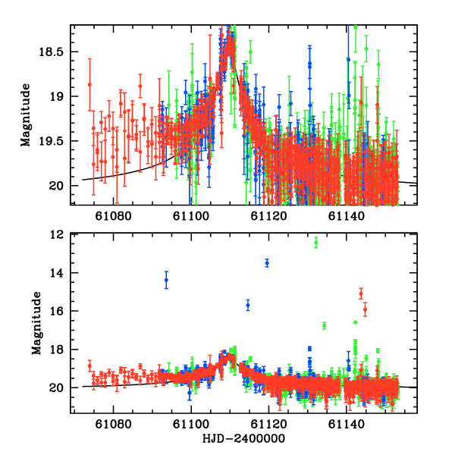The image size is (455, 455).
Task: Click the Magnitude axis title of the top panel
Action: [26, 115]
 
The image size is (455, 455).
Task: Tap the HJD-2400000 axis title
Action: [243, 439]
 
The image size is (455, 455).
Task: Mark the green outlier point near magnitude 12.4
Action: [316, 243]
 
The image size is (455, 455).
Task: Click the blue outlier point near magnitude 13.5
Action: [267, 263]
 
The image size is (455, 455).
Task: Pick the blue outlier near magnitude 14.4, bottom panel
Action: [166, 281]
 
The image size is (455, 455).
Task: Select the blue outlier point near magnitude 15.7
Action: [247, 305]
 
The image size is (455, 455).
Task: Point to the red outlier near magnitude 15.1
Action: [361, 293]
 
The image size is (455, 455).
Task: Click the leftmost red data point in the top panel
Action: [89, 84]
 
